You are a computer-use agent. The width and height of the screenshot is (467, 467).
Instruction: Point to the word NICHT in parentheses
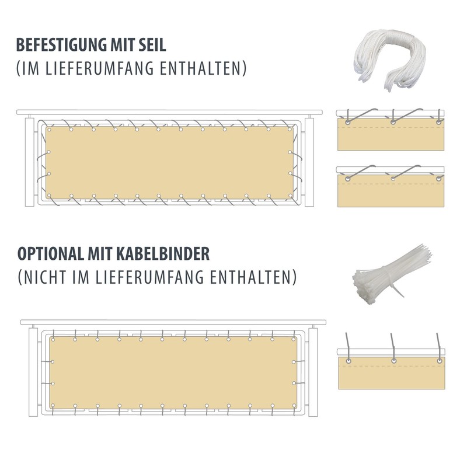click(50, 276)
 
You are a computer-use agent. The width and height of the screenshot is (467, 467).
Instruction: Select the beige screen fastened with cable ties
click(172, 372)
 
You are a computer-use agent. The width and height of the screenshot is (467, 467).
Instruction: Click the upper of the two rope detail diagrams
click(392, 131)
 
